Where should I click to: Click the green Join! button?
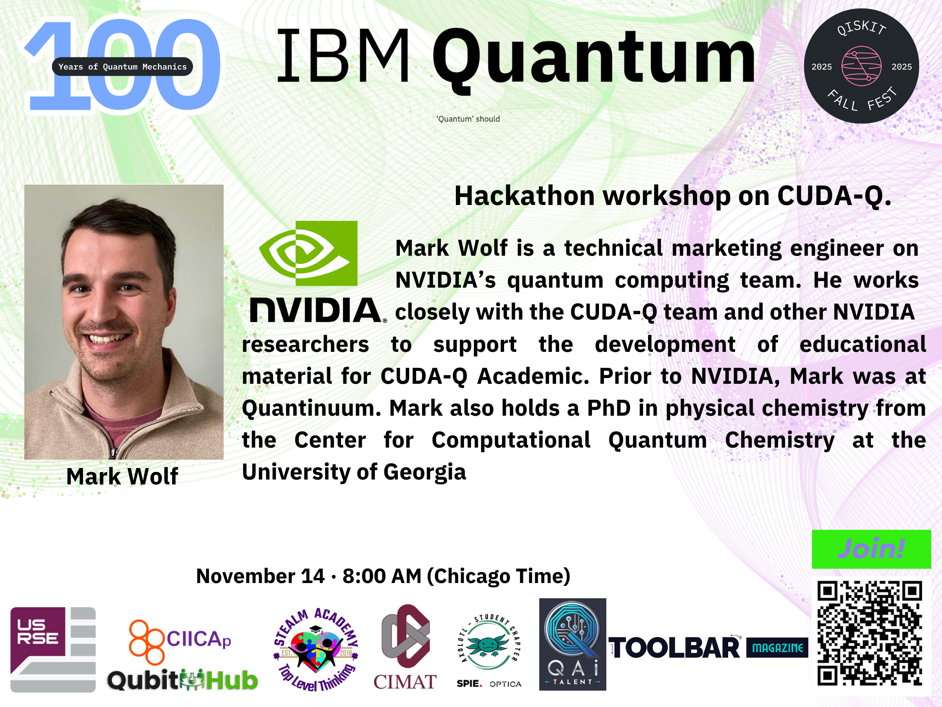point(871,549)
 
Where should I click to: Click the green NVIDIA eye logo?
point(308,253)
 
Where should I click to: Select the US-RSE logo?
point(53,649)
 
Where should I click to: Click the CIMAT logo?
point(405,647)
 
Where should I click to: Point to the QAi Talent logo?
point(572,644)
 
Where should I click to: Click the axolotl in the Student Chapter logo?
point(488,645)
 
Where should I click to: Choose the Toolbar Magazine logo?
point(708,648)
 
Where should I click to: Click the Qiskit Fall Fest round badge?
point(861,66)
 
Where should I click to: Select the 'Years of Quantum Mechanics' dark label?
point(122,66)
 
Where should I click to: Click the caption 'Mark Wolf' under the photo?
point(122,476)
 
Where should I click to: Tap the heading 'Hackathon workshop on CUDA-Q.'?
point(673,196)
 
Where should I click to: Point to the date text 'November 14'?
point(260,576)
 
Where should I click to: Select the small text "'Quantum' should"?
point(468,119)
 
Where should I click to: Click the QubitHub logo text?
point(183,680)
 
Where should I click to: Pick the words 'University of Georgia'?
point(354,473)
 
